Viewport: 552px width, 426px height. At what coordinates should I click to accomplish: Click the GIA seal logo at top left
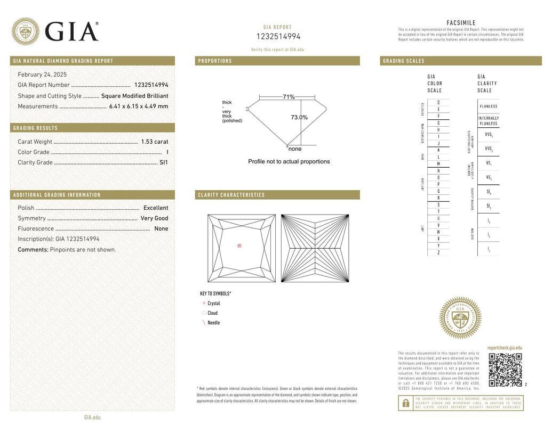25,31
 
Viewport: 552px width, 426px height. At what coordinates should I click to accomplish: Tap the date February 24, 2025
42,75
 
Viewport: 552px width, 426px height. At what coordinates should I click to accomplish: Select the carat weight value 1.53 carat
154,142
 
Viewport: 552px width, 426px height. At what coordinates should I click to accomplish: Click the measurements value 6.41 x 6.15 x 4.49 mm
139,106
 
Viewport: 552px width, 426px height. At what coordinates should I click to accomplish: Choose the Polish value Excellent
156,208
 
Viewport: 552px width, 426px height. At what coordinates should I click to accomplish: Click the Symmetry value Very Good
154,218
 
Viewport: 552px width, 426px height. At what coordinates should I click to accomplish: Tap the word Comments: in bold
33,250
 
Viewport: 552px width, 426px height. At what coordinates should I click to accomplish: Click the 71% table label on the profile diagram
289,97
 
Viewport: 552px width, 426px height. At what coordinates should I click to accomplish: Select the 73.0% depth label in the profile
299,117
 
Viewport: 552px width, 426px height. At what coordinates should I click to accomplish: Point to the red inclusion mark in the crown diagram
239,245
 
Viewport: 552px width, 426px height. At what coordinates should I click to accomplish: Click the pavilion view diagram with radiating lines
315,248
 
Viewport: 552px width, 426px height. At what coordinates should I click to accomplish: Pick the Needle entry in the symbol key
213,323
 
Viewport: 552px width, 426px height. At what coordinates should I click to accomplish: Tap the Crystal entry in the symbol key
213,304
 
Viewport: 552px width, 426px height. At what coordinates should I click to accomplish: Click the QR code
505,370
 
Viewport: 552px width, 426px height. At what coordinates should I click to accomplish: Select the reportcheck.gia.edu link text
505,348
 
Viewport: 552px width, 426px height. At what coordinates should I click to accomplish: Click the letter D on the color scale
438,102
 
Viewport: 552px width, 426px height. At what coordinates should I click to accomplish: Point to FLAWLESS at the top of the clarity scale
488,106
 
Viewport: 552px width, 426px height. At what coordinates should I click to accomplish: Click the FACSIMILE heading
461,23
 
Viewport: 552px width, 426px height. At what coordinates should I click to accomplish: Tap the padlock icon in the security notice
405,403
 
